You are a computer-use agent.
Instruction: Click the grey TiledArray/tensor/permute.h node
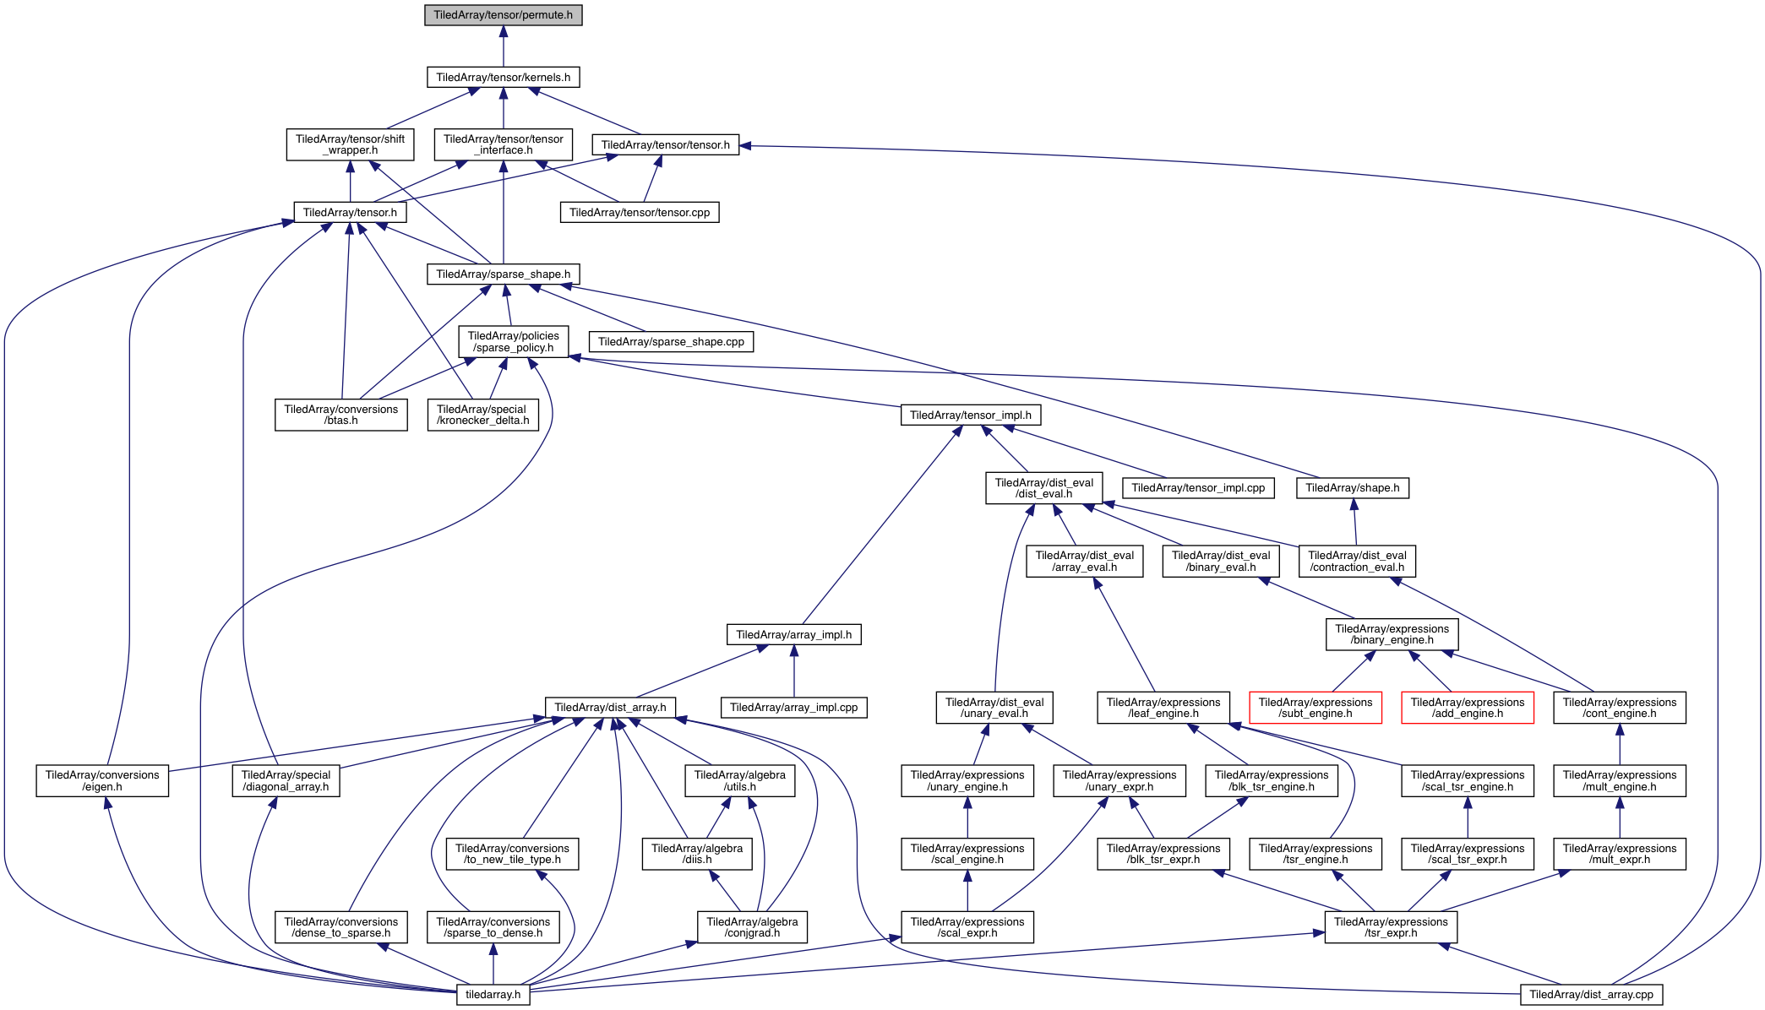(x=503, y=15)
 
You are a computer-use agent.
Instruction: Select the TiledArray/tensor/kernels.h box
(x=503, y=77)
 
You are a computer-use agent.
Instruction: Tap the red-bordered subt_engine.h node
(x=1315, y=708)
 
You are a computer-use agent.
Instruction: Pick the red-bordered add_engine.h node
(x=1467, y=708)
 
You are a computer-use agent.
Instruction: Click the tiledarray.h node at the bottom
(x=493, y=994)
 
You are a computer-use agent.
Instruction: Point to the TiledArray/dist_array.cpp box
(x=1591, y=994)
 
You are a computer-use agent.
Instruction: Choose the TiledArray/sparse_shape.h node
(x=503, y=274)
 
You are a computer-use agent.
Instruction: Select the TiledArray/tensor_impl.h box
(x=970, y=415)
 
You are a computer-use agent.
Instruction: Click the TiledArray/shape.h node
(x=1352, y=487)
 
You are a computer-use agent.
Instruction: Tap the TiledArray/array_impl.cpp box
(x=793, y=707)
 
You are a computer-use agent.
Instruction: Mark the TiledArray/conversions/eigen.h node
(x=102, y=780)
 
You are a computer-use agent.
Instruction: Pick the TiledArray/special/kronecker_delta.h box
(x=482, y=415)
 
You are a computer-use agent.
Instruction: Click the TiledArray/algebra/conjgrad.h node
(x=752, y=927)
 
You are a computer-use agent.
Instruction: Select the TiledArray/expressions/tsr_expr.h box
(x=1391, y=927)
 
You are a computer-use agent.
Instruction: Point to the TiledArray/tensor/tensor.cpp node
(x=640, y=212)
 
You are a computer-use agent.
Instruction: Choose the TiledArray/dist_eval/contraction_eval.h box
(x=1357, y=561)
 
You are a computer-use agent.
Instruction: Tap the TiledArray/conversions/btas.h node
(x=340, y=415)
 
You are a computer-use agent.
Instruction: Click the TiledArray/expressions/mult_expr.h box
(x=1619, y=854)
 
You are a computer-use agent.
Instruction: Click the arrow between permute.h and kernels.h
(x=503, y=46)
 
